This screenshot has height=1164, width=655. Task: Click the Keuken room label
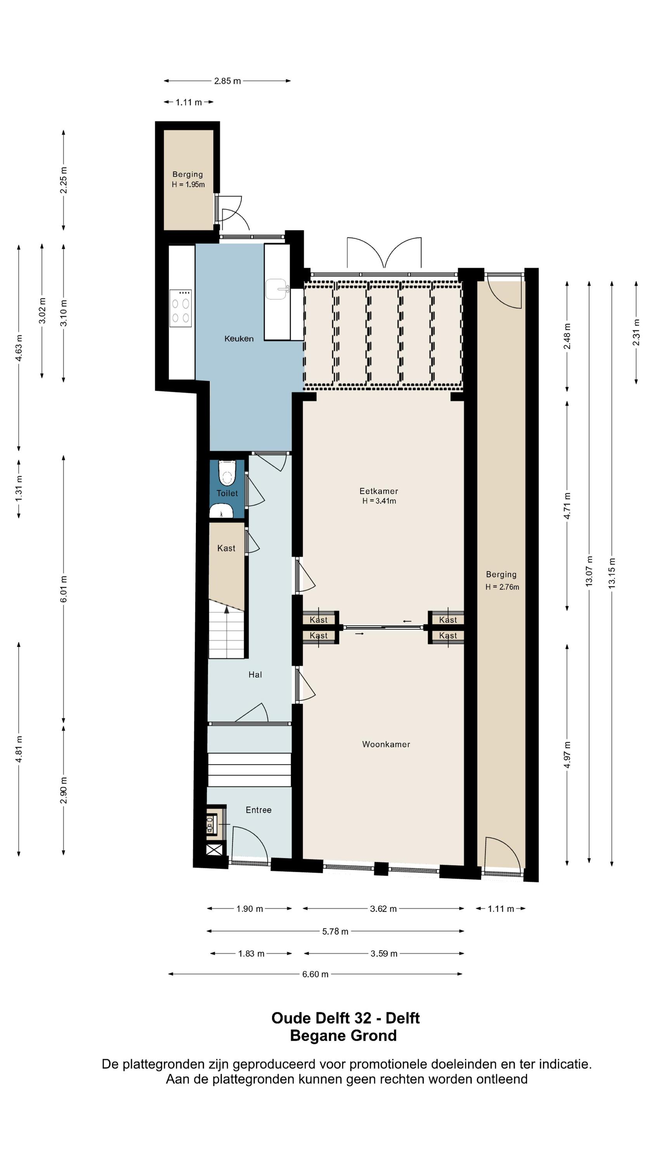[x=239, y=338]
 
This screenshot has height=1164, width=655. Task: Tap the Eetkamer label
[x=379, y=491]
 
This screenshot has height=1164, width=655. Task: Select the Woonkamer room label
[x=386, y=744]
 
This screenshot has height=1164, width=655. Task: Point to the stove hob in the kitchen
[x=180, y=308]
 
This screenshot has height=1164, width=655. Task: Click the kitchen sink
[x=277, y=289]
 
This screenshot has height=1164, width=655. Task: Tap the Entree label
[x=258, y=810]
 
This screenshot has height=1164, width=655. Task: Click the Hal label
[x=255, y=675]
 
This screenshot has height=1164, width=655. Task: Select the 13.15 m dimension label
[x=612, y=573]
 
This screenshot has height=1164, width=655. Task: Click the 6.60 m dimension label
[x=315, y=974]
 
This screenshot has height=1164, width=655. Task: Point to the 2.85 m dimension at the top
[x=227, y=81]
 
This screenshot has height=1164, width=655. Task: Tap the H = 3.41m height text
[x=379, y=501]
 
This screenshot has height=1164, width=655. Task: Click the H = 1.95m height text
[x=188, y=184]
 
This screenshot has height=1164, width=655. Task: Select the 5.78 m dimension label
[x=335, y=931]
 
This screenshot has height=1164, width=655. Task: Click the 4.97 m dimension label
[x=567, y=755]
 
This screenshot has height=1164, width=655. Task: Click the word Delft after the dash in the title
[x=403, y=1018]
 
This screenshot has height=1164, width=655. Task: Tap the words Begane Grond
[x=343, y=1036]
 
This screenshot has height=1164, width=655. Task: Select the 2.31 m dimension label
[x=636, y=333]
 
